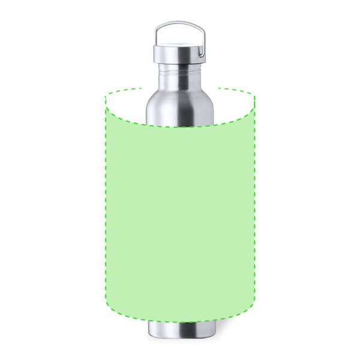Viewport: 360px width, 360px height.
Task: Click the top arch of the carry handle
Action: pos(179,23)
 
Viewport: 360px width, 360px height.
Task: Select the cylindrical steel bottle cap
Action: pos(179,54)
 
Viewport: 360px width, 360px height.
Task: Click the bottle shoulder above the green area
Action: pos(179,108)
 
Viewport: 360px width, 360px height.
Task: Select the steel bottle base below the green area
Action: pos(180,330)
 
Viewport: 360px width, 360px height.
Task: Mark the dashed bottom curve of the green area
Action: pos(180,322)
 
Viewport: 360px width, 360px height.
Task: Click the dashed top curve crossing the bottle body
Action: pos(180,127)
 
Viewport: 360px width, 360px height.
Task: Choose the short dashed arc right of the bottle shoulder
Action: pos(238,91)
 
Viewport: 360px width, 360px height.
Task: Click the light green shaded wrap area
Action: pos(180,222)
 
